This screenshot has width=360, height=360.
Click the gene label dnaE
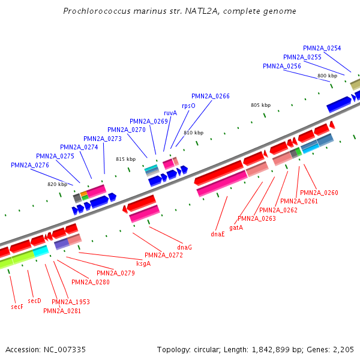point(217,234)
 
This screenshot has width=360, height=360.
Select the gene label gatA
point(236,227)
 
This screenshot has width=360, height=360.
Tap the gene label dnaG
point(184,247)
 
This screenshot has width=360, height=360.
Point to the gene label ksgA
point(143,263)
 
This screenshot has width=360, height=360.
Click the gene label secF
point(17,307)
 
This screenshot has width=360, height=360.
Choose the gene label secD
point(35,301)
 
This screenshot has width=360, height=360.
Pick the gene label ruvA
point(170,113)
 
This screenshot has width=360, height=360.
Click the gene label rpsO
point(188,105)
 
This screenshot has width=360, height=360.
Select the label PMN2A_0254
point(322,48)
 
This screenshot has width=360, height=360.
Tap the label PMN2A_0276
point(30,165)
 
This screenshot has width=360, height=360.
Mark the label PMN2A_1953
point(71,302)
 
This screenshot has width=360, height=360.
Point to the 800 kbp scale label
point(327,76)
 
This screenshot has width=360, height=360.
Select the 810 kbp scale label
point(193,133)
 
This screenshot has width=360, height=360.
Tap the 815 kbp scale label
point(125,159)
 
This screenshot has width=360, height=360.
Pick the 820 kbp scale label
point(57,184)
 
